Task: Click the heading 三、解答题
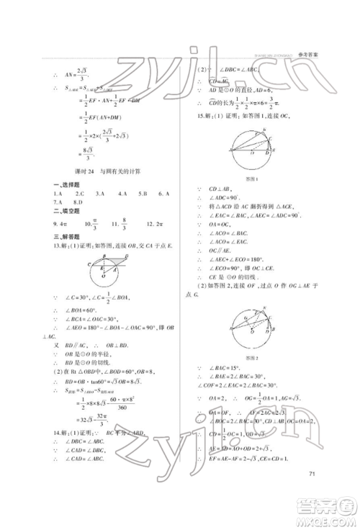(x=61, y=235)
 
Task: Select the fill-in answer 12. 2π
(x=153, y=224)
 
